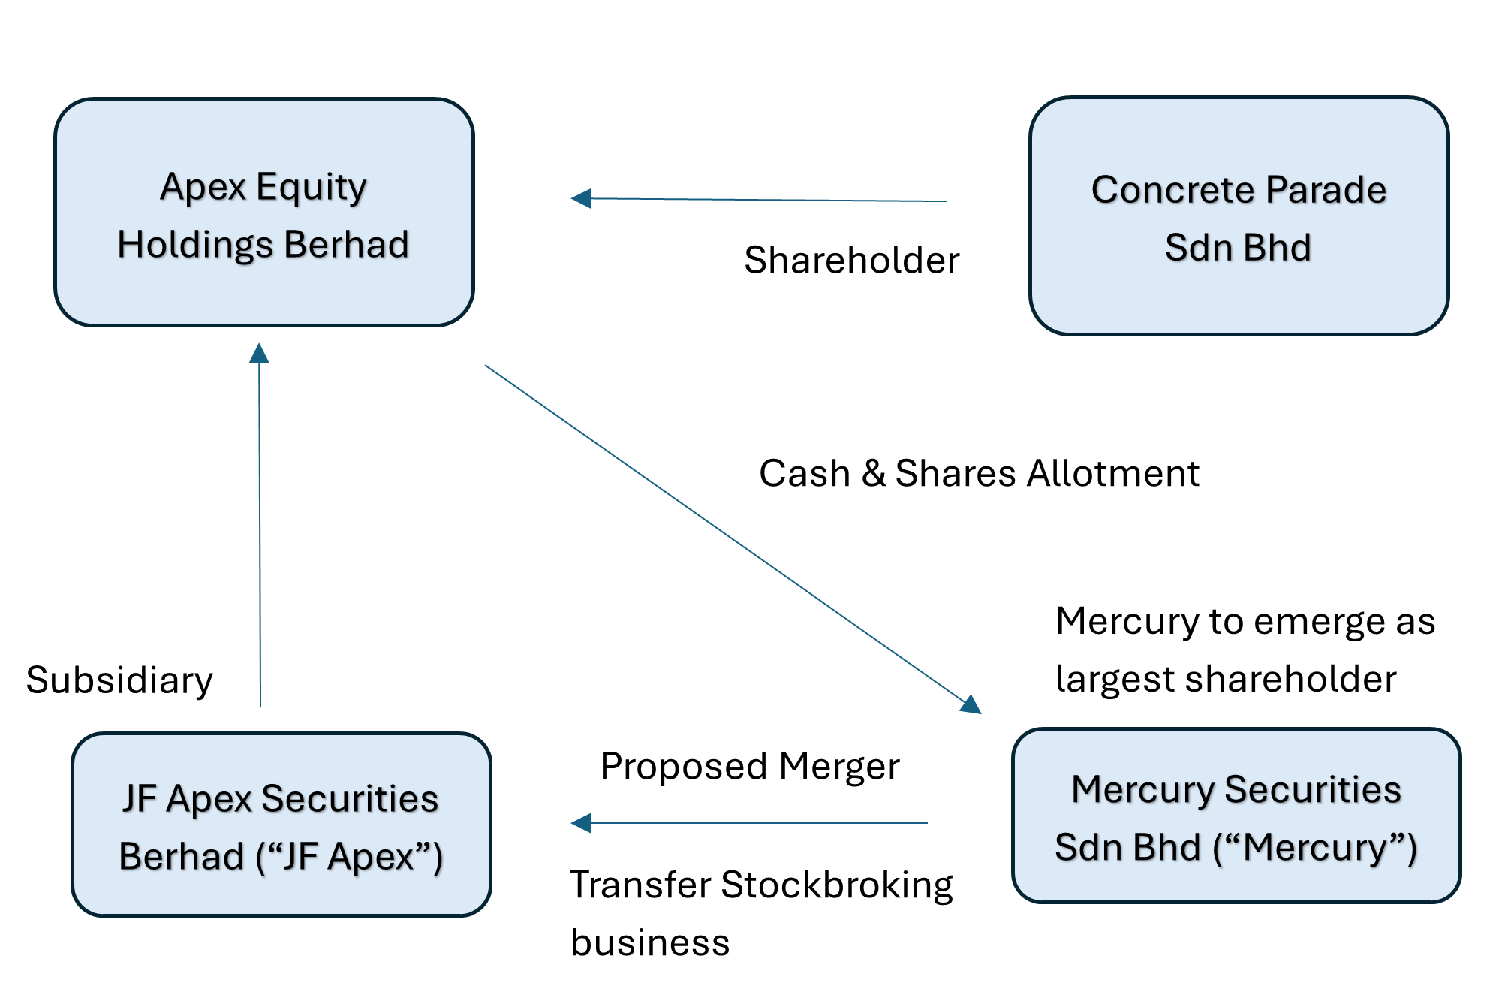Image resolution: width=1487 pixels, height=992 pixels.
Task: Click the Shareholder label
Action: click(x=851, y=261)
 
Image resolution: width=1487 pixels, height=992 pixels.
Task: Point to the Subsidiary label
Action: click(x=119, y=680)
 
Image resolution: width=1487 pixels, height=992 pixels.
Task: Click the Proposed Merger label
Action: click(x=749, y=767)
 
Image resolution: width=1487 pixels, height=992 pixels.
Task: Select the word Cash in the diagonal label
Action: click(x=805, y=473)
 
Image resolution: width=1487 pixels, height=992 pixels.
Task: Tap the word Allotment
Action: click(x=1113, y=473)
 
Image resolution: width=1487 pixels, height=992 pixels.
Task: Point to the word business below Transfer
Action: click(x=650, y=942)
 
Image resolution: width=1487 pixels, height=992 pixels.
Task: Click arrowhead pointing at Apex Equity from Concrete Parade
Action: click(x=581, y=199)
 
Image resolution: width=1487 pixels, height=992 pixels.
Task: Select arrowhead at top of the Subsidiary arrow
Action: click(x=259, y=353)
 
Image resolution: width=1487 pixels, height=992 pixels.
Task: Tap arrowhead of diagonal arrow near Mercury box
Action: click(x=971, y=704)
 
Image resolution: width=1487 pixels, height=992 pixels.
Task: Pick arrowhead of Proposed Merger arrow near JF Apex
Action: click(x=581, y=823)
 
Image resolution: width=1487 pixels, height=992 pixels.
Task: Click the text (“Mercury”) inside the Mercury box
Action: click(x=1314, y=848)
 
